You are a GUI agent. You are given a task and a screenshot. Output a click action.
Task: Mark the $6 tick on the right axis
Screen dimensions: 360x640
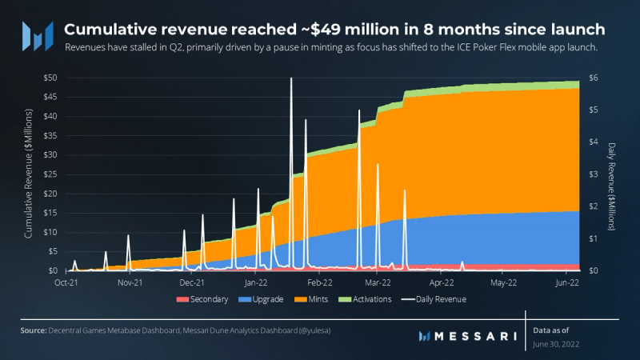click(593, 78)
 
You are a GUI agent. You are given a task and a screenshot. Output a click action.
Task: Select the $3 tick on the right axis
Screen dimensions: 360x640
click(593, 174)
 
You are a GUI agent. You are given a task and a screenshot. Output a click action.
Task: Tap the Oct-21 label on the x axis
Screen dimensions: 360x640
click(67, 282)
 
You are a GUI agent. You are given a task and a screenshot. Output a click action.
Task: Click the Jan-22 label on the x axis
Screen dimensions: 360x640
click(255, 282)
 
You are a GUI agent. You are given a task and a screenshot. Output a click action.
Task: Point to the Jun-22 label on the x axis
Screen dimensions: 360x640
click(566, 282)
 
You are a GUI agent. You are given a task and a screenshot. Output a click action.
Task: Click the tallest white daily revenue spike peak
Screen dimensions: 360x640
click(291, 78)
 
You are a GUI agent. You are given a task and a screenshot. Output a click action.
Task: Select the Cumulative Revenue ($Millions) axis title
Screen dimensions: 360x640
click(28, 174)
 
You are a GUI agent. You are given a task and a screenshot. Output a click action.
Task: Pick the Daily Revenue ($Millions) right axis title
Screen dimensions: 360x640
click(611, 187)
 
